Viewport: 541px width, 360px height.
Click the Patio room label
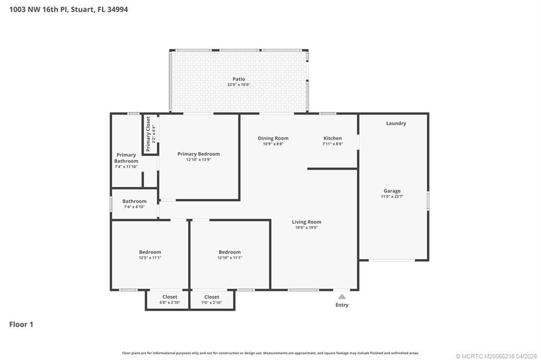coord(239,79)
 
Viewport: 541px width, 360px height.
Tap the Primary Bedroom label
coord(198,154)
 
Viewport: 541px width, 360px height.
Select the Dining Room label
coord(273,138)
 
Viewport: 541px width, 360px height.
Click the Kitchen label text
coord(332,138)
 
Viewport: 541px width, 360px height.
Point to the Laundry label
coord(396,124)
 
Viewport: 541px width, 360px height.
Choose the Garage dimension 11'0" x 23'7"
coord(392,196)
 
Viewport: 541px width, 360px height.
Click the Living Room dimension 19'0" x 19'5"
coord(306,228)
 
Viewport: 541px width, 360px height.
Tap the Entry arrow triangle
coord(342,296)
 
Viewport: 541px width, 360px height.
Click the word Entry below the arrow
coord(342,305)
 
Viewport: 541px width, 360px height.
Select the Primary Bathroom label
coord(126,158)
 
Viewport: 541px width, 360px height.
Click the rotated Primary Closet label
coord(148,134)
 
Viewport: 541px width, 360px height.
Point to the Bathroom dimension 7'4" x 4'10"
coord(134,207)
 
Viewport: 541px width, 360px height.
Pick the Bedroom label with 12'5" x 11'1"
coord(150,252)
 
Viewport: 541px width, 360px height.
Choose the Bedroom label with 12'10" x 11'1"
coord(229,252)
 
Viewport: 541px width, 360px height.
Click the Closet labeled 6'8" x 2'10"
coord(170,297)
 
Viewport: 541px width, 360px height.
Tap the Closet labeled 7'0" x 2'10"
coord(211,297)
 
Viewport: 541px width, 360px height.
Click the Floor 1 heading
coord(21,325)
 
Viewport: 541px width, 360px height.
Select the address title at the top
coord(68,10)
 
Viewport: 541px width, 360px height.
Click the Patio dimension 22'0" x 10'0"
coord(239,85)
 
